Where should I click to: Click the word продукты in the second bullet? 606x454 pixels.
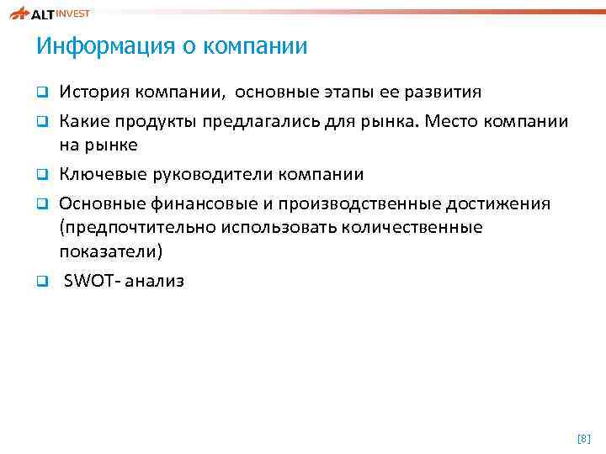(x=157, y=121)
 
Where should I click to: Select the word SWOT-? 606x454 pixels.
(x=91, y=281)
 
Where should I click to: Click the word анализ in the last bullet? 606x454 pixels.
(x=153, y=281)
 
